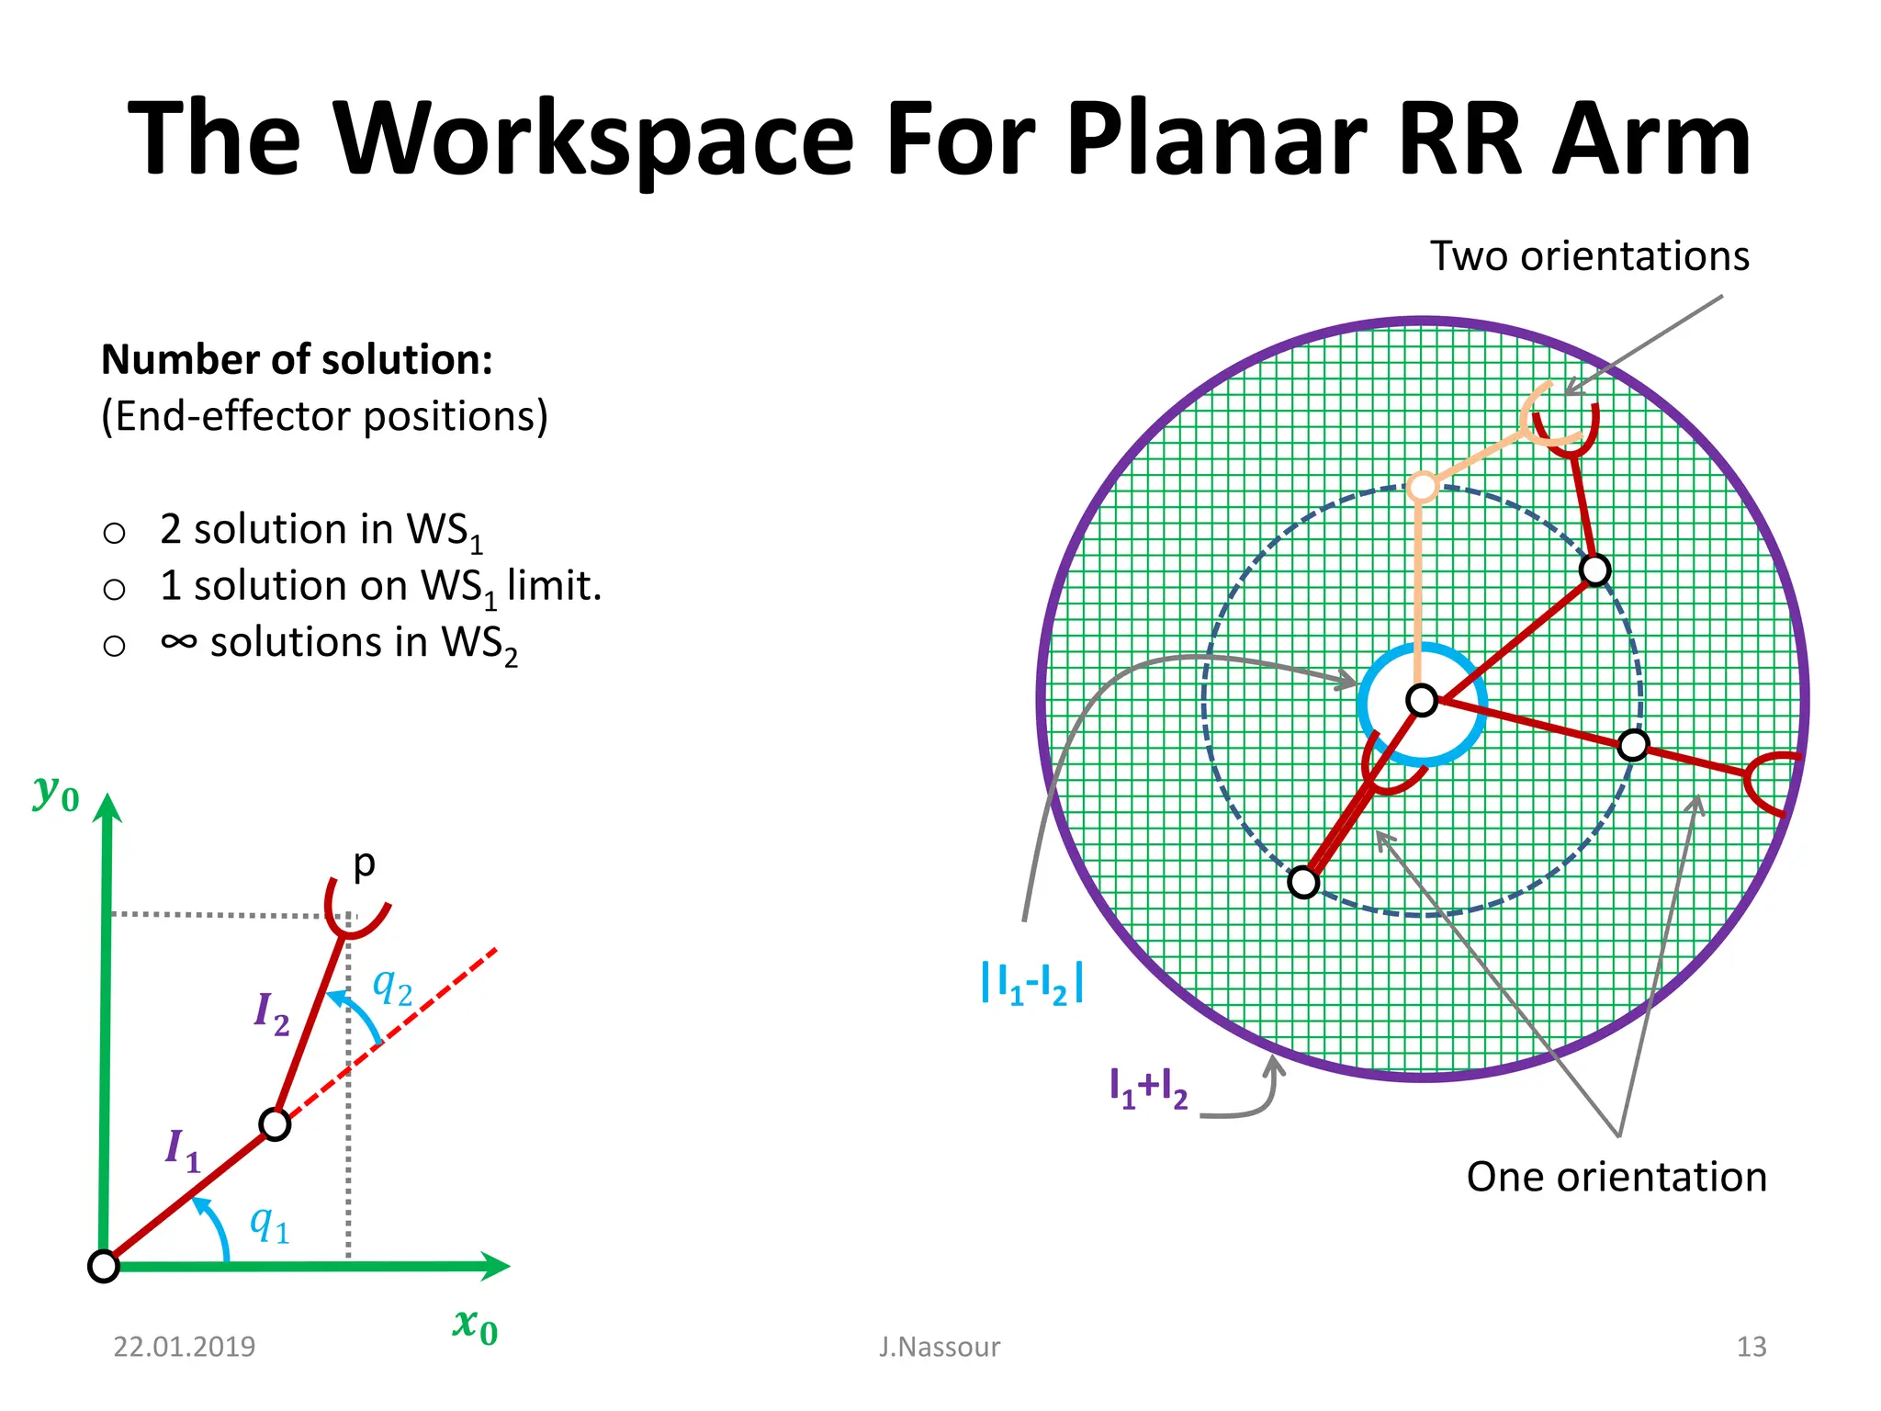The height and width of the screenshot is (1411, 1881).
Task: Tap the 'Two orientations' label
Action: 1589,255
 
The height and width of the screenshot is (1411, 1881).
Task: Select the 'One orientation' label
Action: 1616,1177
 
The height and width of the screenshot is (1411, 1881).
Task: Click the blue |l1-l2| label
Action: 1032,983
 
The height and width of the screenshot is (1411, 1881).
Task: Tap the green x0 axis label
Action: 475,1326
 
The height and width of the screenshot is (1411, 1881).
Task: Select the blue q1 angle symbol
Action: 269,1225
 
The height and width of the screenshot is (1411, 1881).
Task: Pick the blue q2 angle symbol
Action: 392,988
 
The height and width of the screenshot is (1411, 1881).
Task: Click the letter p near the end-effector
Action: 365,864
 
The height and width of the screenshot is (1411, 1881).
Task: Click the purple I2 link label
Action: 272,1014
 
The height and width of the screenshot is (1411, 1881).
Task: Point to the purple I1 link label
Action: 182,1150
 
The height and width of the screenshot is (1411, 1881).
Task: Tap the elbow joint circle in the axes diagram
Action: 275,1124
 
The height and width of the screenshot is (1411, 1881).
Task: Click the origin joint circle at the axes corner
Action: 104,1266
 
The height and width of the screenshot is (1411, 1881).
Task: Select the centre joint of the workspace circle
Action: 1422,701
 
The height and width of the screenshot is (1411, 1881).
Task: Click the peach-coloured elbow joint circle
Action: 1422,487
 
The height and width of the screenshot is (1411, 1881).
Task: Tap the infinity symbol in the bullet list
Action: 178,641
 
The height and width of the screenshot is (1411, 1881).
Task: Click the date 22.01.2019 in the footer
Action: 184,1347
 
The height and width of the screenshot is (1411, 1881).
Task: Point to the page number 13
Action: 1751,1347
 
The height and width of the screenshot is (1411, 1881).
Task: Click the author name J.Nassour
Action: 939,1347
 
